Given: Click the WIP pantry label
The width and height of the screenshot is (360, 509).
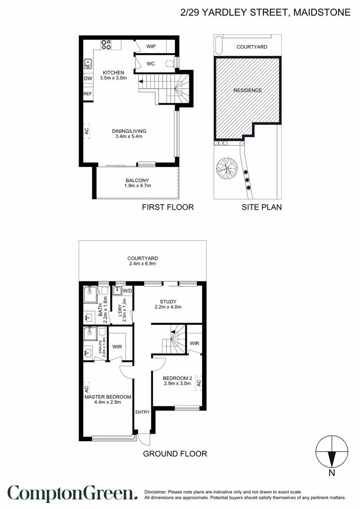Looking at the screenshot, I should (151, 46).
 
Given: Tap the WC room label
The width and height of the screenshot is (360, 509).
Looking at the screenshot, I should (151, 64).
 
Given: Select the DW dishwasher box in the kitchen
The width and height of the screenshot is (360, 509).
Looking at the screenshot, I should (88, 79).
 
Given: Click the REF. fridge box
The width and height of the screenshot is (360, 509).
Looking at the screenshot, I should (88, 94).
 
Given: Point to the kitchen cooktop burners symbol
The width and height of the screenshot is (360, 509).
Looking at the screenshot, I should (106, 44).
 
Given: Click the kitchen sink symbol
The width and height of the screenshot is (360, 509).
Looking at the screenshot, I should (88, 62).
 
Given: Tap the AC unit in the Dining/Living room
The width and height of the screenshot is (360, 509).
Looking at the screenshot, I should (87, 131).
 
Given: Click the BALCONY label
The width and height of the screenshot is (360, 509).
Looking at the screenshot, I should (137, 181).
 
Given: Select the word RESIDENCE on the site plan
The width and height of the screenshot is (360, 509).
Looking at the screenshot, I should (247, 90).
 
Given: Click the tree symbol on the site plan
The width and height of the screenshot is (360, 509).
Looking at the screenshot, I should (226, 168).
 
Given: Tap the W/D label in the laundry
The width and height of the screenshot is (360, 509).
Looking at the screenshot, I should (127, 290).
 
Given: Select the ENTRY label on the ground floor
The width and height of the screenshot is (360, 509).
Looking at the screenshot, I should (142, 412).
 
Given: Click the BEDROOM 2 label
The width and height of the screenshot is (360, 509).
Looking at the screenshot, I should (177, 378).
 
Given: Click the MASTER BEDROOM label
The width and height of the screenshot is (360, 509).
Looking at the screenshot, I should (108, 397).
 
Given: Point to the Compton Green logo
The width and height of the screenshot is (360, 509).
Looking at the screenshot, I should (73, 493).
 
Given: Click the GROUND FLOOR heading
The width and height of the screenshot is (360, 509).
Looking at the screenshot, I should (175, 454).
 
